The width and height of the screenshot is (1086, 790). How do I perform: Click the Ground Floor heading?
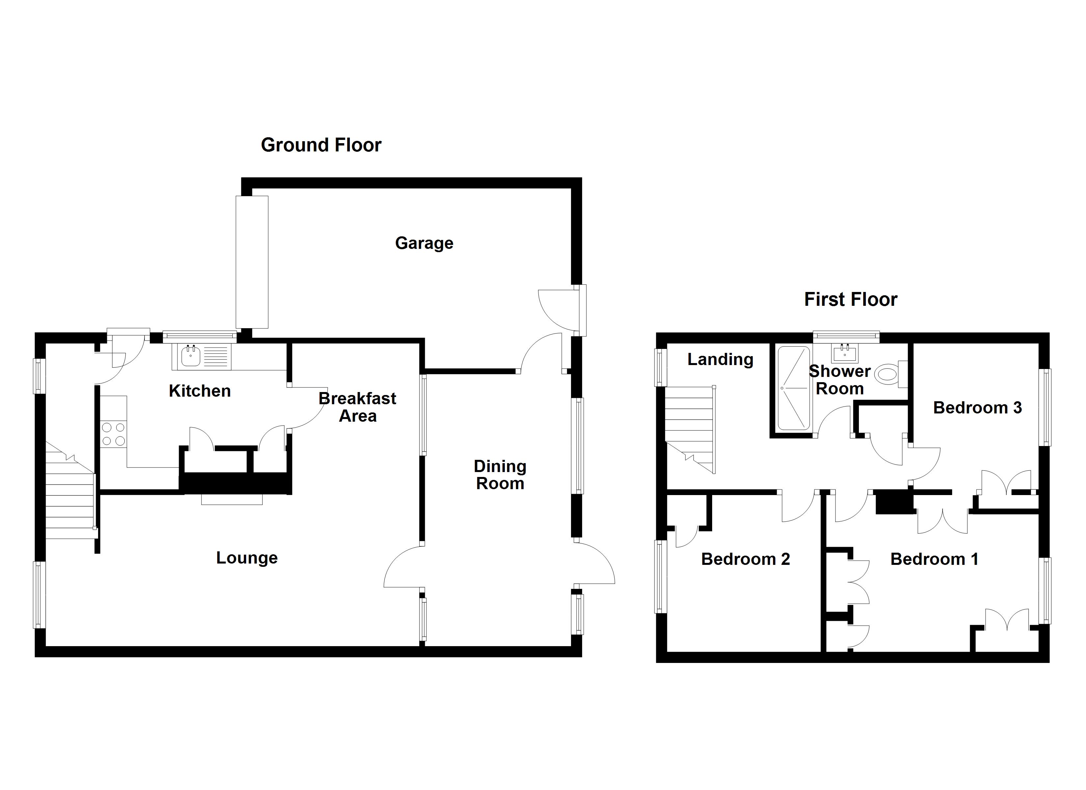(321, 145)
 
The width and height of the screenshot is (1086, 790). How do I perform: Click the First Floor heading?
(850, 300)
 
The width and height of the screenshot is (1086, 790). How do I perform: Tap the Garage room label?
(424, 243)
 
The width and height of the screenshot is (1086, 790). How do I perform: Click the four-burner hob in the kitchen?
(114, 434)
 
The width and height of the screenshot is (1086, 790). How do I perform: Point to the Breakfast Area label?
(357, 407)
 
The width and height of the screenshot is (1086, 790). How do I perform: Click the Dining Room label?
(500, 475)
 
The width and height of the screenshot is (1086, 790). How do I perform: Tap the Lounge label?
(246, 558)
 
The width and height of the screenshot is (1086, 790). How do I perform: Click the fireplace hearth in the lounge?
(232, 499)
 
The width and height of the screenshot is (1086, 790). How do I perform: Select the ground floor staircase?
(70, 498)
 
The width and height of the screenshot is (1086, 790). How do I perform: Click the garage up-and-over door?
(252, 262)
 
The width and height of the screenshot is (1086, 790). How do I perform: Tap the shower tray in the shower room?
(793, 388)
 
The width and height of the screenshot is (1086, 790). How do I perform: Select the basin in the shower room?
(846, 354)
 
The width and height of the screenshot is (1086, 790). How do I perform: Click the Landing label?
(720, 359)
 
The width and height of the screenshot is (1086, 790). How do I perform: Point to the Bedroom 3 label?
(977, 408)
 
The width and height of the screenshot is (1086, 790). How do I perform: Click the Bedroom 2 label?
(745, 559)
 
